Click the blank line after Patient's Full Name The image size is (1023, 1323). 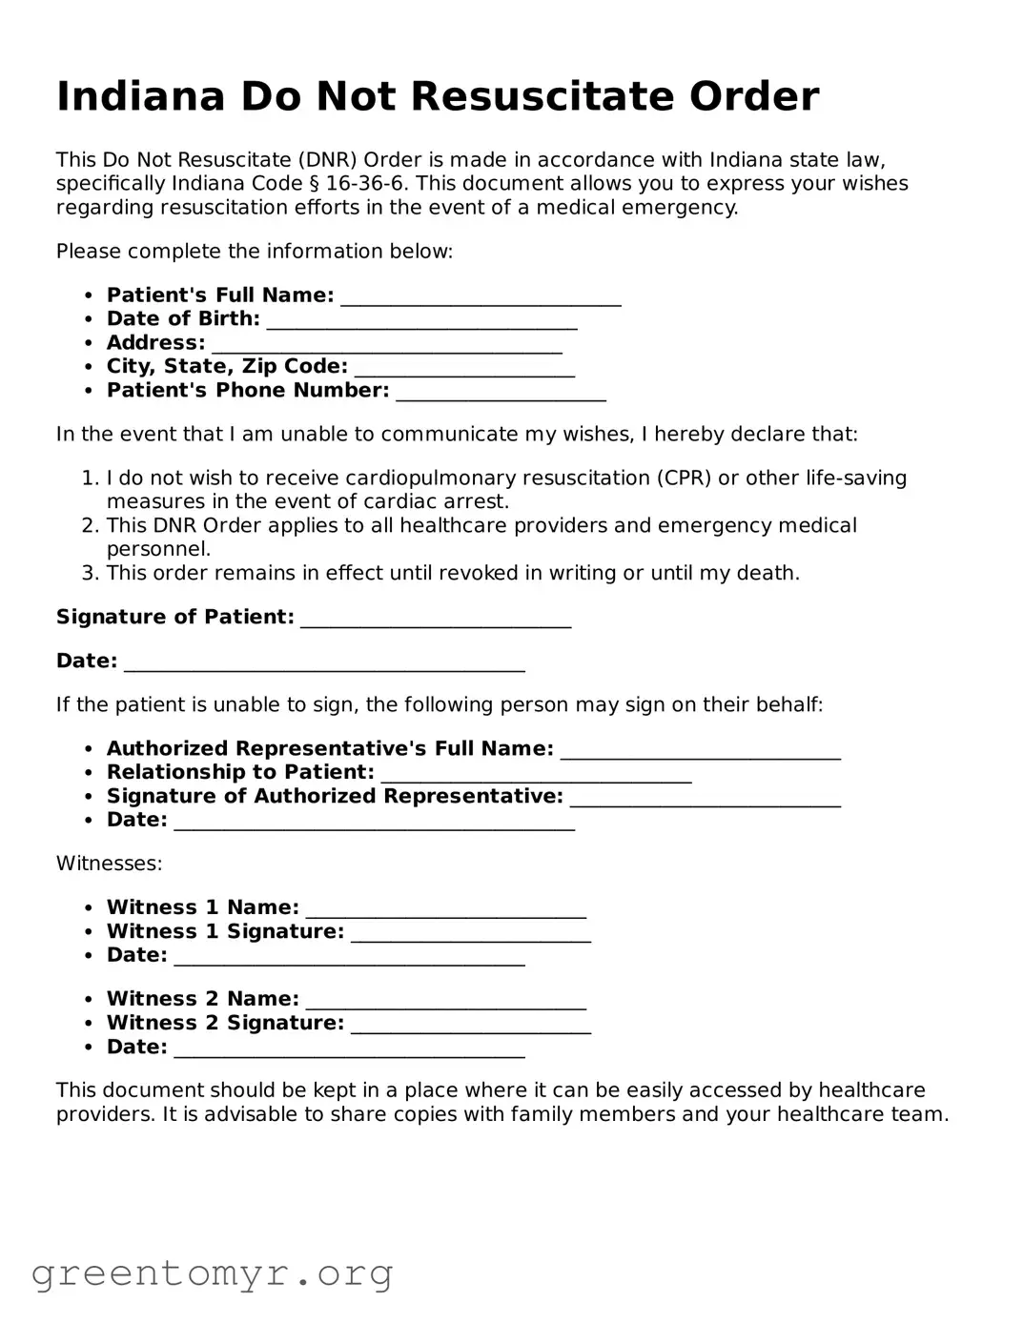pos(481,298)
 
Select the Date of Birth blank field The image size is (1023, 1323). pos(421,322)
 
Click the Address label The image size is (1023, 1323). pos(155,343)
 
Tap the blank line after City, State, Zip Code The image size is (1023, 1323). pos(463,370)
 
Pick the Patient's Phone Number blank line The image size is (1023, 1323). pos(501,394)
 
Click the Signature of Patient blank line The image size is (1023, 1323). pos(436,621)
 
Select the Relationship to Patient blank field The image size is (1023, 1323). pos(536,776)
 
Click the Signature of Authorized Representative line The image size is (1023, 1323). pos(705,800)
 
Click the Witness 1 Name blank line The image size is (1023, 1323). pos(445,911)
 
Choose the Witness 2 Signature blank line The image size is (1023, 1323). pos(471,1027)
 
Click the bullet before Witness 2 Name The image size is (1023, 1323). pos(88,1000)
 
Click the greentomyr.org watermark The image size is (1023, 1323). pos(212,1273)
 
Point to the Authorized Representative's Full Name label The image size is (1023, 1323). pos(330,749)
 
